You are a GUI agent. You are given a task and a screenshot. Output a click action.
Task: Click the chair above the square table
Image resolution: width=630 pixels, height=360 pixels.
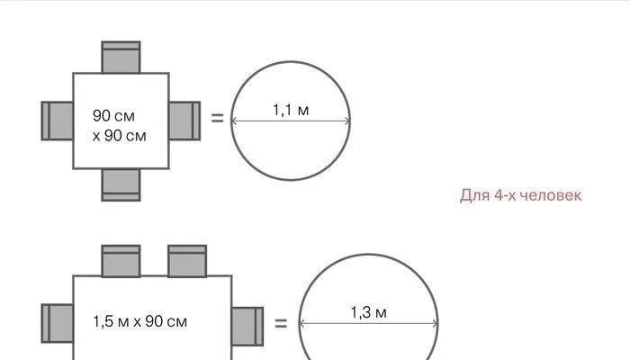pyautogui.click(x=121, y=57)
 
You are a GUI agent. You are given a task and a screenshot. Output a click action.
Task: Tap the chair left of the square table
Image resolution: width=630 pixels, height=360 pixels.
pyautogui.click(x=57, y=121)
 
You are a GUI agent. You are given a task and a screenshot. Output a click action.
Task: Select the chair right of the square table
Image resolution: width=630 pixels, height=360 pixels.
pyautogui.click(x=184, y=121)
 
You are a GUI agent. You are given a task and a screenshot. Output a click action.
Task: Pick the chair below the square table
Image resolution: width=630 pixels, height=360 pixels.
pyautogui.click(x=121, y=184)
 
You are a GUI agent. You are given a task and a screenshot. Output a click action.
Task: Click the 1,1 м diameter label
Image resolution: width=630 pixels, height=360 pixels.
pyautogui.click(x=291, y=110)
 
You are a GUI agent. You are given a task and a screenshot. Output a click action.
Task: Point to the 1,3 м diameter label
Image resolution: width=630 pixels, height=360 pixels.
pyautogui.click(x=368, y=312)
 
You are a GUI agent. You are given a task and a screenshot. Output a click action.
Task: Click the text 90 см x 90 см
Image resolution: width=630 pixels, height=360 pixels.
pyautogui.click(x=119, y=126)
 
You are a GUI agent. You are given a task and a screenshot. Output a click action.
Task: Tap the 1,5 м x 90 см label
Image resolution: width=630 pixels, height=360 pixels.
pyautogui.click(x=140, y=321)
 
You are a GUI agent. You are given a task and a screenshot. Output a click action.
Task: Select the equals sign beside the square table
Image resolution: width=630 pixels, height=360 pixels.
pyautogui.click(x=217, y=117)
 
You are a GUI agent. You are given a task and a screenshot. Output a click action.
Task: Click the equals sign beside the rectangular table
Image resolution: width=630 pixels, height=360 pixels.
pyautogui.click(x=281, y=322)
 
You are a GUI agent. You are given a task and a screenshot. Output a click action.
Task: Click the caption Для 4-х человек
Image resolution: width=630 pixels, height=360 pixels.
pyautogui.click(x=521, y=195)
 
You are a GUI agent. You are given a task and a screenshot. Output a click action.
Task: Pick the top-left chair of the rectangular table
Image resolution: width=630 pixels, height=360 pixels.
pyautogui.click(x=121, y=260)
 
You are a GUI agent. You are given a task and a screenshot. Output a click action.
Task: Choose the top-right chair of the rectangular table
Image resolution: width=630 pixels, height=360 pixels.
pyautogui.click(x=187, y=260)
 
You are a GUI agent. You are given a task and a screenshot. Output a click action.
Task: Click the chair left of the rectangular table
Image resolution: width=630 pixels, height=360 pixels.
pyautogui.click(x=57, y=323)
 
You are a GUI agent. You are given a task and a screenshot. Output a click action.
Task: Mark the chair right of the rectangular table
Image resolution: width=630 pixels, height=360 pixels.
pyautogui.click(x=247, y=323)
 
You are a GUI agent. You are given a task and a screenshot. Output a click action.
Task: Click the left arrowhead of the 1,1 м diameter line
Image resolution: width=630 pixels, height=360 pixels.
pyautogui.click(x=234, y=121)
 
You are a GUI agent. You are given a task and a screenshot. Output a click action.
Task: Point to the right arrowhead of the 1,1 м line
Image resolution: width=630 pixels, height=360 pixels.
pyautogui.click(x=348, y=121)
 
